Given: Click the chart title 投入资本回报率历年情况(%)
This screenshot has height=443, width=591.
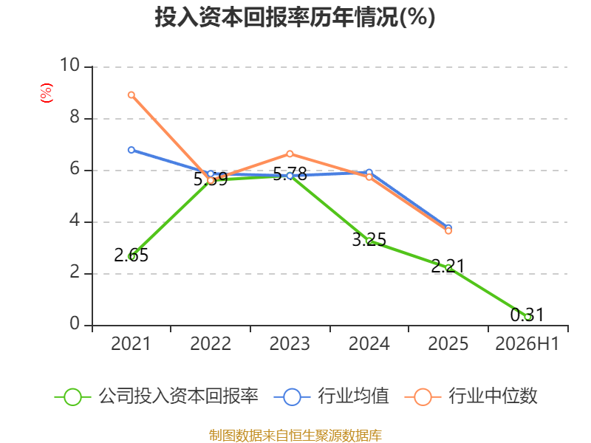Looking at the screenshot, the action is click(295, 17).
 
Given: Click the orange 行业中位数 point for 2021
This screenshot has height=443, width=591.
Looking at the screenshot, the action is click(131, 95).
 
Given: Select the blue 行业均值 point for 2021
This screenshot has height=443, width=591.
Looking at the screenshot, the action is click(131, 150).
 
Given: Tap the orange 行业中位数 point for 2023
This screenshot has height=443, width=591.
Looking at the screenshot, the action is click(290, 154).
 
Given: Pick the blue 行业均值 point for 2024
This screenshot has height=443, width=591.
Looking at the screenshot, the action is click(369, 173).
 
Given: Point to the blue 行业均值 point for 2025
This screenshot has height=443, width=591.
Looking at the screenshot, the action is click(448, 228).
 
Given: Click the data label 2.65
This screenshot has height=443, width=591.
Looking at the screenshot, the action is click(131, 255).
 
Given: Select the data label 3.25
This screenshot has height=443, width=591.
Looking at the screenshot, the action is click(369, 239).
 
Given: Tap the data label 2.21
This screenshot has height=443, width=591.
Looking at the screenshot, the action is click(448, 267).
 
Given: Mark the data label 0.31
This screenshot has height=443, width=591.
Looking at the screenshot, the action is click(527, 315).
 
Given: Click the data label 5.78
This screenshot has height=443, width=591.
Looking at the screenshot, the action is click(290, 174).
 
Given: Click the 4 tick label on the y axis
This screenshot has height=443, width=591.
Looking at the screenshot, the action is click(75, 220).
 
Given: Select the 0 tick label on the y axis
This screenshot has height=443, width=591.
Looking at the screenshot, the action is click(75, 324).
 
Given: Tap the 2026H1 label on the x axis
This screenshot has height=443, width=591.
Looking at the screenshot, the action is click(527, 343).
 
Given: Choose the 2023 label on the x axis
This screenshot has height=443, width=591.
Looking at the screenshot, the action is click(290, 343).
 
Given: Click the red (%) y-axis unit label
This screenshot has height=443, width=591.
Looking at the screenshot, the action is click(47, 93).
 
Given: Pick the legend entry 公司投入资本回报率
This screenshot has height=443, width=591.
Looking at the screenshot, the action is click(157, 396).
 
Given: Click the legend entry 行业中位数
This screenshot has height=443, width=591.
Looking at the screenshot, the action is click(471, 396).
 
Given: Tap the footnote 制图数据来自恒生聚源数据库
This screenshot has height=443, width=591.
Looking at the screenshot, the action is click(295, 436).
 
